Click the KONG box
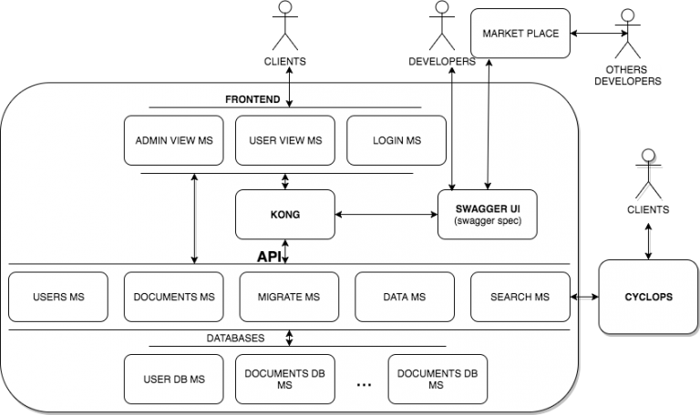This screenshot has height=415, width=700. pyautogui.click(x=285, y=215)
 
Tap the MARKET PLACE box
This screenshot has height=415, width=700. pyautogui.click(x=520, y=35)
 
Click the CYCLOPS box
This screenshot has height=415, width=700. pyautogui.click(x=648, y=297)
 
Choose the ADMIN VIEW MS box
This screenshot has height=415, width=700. pyautogui.click(x=173, y=140)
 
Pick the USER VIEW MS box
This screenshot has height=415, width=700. pyautogui.click(x=285, y=140)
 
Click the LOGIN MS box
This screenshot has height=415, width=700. pyautogui.click(x=397, y=140)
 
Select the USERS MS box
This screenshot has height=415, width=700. pyautogui.click(x=57, y=297)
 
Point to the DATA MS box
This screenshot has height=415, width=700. pyautogui.click(x=404, y=297)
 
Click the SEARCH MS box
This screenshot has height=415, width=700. pyautogui.click(x=520, y=297)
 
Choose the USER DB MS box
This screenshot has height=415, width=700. pyautogui.click(x=173, y=379)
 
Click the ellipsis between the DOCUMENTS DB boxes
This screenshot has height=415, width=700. pyautogui.click(x=364, y=385)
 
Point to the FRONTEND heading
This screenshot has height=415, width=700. pyautogui.click(x=252, y=98)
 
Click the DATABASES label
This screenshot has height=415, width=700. pyautogui.click(x=235, y=338)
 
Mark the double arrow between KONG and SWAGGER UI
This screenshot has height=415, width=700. pyautogui.click(x=386, y=215)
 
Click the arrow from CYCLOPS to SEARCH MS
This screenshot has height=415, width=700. pyautogui.click(x=583, y=297)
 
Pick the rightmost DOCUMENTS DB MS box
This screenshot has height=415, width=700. pyautogui.click(x=437, y=379)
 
